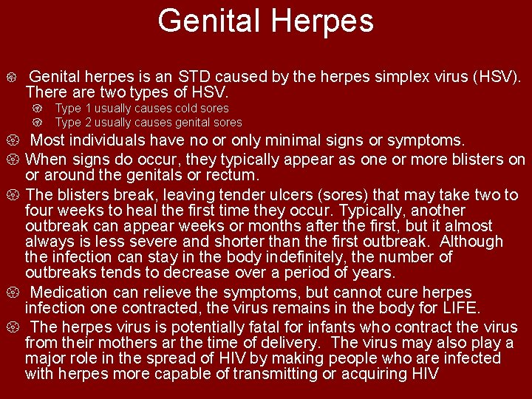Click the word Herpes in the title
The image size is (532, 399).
tap(321, 21)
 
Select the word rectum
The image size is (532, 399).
tap(233, 175)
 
